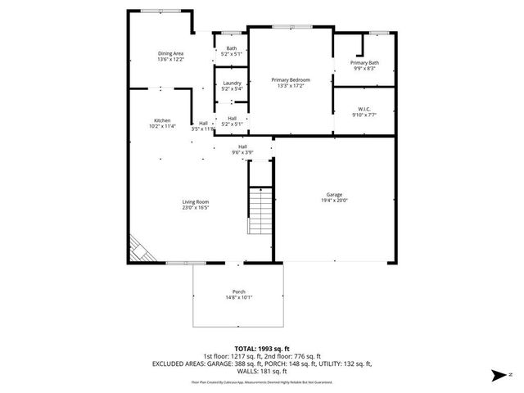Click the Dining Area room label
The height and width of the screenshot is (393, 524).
point(171,54)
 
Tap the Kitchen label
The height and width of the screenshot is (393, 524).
point(162,120)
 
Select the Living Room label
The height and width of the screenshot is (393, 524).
point(196,201)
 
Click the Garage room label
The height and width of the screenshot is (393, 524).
point(334,194)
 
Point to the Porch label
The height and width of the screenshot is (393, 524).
point(238,292)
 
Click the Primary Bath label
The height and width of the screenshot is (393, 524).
point(364,63)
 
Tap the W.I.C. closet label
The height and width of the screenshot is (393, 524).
point(364,109)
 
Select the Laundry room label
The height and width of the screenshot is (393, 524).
point(231,83)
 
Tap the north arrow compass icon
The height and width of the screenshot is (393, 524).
point(498,376)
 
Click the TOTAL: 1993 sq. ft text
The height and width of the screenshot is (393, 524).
point(261,348)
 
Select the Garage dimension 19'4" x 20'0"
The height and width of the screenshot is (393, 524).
point(334,200)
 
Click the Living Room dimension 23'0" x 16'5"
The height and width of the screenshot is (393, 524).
point(196,207)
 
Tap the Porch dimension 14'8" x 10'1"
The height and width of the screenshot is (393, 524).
point(238,298)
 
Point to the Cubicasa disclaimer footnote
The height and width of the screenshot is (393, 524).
point(261,382)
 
